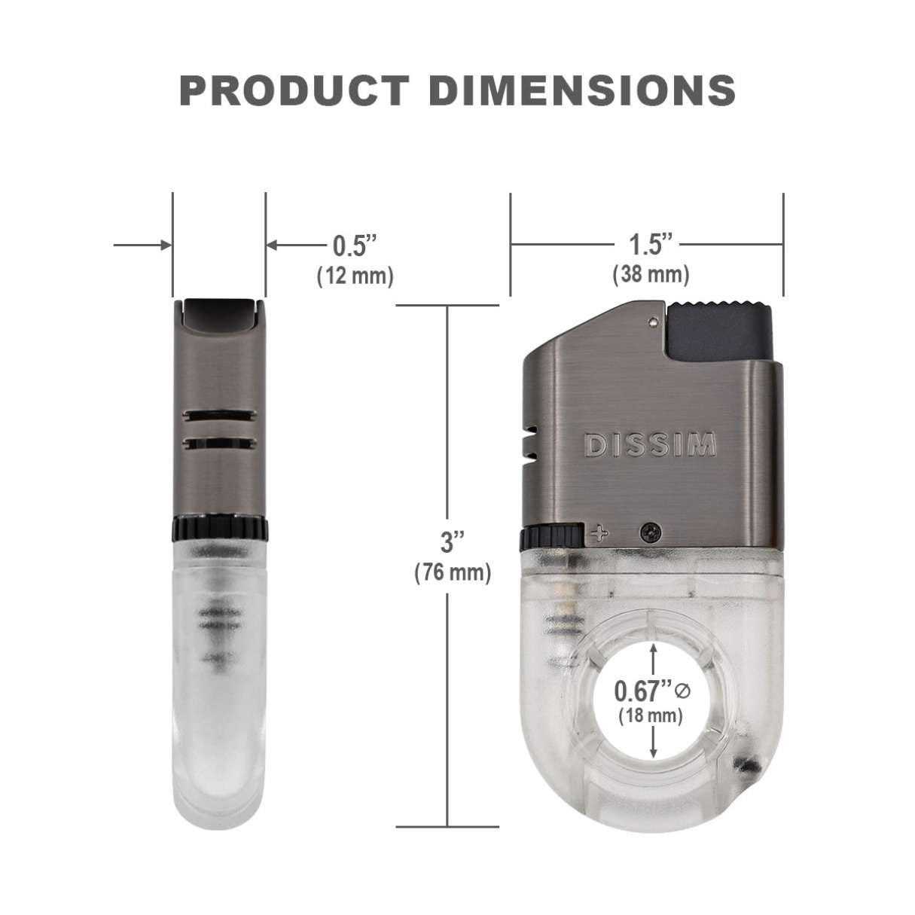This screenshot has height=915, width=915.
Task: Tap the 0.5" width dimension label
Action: tap(354, 245)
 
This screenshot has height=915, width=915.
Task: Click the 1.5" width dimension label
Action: tap(650, 244)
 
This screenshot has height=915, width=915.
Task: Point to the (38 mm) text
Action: tap(651, 274)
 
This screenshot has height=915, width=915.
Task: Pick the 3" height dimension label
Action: tap(452, 541)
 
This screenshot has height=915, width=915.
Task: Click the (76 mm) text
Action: tap(453, 573)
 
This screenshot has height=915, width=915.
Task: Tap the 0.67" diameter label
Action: tap(642, 691)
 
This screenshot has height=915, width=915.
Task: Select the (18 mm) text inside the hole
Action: tap(651, 715)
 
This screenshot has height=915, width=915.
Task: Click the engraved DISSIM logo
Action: tap(651, 445)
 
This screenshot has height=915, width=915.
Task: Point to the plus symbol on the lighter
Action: tap(600, 533)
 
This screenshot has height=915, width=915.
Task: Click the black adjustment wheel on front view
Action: tap(551, 536)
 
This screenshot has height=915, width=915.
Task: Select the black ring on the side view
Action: tap(219, 529)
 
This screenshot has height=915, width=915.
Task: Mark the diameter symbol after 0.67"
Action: tap(683, 690)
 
